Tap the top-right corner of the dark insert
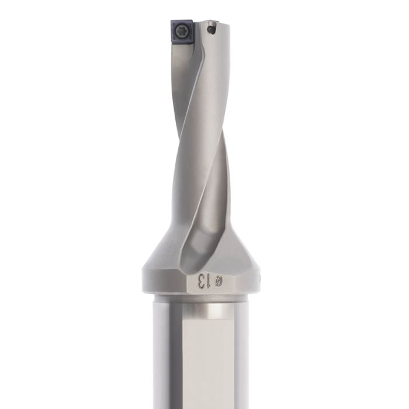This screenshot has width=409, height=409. [x=192, y=21]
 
